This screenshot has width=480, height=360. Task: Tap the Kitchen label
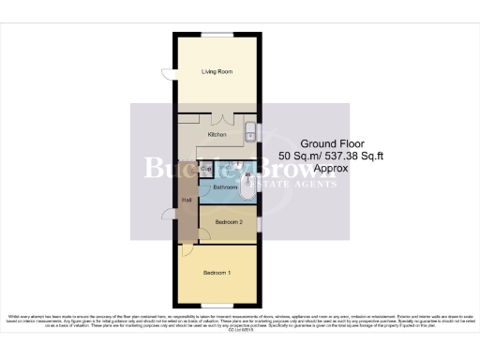click(218, 135)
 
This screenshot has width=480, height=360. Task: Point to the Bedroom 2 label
click(229, 222)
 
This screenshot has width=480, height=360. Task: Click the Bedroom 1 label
click(217, 273)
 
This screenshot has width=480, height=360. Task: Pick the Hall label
click(187, 200)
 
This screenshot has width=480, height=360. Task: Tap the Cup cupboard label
click(206, 170)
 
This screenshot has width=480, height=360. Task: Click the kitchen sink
click(250, 132)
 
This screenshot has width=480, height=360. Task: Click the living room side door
click(168, 75)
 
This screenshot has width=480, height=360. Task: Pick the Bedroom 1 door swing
click(187, 249)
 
